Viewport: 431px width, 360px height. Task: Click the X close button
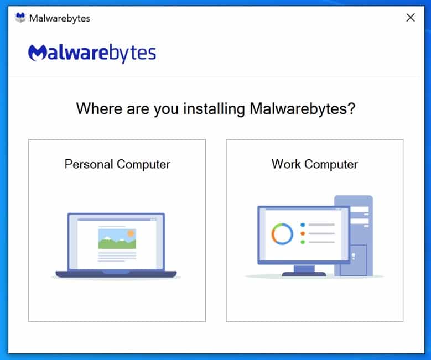click(411, 18)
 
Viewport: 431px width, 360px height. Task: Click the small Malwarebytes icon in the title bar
click(20, 18)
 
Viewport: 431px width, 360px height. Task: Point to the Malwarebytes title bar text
click(60, 18)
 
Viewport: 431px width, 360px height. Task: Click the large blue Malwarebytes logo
click(92, 53)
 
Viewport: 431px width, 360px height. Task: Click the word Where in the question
click(99, 108)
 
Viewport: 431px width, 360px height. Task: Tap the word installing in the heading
click(214, 109)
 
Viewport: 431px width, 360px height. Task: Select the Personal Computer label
click(117, 164)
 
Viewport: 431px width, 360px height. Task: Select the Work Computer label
click(315, 164)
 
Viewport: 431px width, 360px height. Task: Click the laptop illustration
click(116, 246)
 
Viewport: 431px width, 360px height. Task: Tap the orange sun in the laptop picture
click(131, 233)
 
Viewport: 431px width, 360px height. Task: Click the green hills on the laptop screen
click(117, 243)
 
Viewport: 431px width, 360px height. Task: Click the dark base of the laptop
click(116, 274)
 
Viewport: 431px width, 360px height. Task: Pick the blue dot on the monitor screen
click(303, 225)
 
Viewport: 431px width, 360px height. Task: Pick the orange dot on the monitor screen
click(303, 233)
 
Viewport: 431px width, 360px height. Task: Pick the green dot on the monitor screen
click(303, 242)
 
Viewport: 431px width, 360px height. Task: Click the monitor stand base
click(304, 274)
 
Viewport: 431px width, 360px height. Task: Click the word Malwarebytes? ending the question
click(302, 109)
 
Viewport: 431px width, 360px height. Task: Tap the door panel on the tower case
click(356, 260)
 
